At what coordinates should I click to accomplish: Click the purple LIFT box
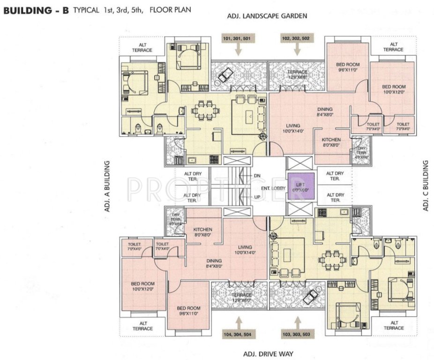[300, 187]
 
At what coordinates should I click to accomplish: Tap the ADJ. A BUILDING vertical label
[107, 186]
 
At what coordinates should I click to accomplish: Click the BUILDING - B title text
[35, 10]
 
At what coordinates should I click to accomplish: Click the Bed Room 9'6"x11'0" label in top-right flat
[348, 67]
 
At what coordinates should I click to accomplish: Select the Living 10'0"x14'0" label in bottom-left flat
[245, 250]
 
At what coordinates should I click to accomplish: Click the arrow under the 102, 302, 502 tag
[297, 49]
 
